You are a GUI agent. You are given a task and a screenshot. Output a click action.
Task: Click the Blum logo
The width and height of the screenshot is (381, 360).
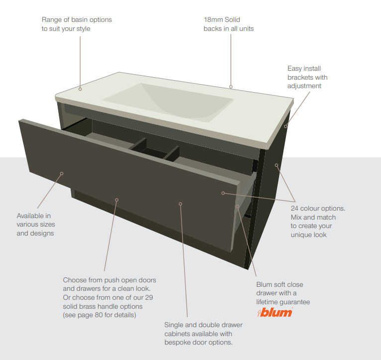pyautogui.click(x=275, y=312)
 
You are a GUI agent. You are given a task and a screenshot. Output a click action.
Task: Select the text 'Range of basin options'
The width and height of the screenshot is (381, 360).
pyautogui.click(x=77, y=19)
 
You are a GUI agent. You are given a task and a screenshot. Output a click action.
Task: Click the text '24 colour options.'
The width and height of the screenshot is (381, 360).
pyautogui.click(x=318, y=208)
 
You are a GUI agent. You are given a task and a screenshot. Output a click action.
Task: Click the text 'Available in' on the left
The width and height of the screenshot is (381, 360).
pyautogui.click(x=34, y=216)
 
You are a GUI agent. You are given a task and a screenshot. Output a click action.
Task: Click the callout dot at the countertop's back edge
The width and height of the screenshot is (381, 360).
pyautogui.click(x=231, y=87)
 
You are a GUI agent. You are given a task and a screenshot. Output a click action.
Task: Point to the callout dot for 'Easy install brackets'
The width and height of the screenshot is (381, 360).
pyautogui.click(x=286, y=126)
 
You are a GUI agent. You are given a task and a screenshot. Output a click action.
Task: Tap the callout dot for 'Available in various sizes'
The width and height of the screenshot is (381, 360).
pyautogui.click(x=62, y=174)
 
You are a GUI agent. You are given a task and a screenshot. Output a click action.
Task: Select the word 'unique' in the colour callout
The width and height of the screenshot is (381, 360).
pyautogui.click(x=301, y=235)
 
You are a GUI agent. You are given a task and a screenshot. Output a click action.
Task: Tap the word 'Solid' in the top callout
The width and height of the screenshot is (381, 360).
pyautogui.click(x=231, y=19)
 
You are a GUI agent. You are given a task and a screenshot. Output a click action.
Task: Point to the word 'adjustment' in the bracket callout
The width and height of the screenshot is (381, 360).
pyautogui.click(x=304, y=86)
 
